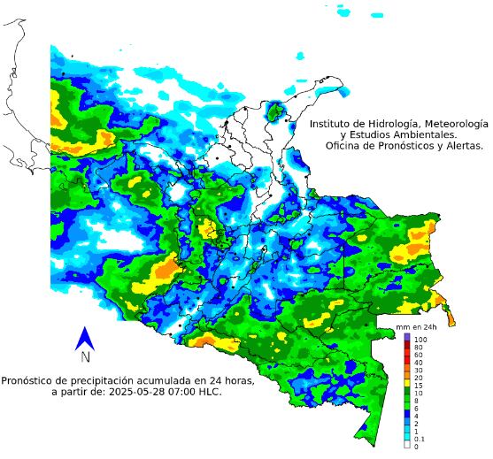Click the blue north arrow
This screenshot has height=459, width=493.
click(x=85, y=338)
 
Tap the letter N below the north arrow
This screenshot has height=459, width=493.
click(x=85, y=357)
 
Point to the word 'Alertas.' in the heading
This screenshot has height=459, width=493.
click(x=459, y=146)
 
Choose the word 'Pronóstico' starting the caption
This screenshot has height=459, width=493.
click(x=30, y=380)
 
